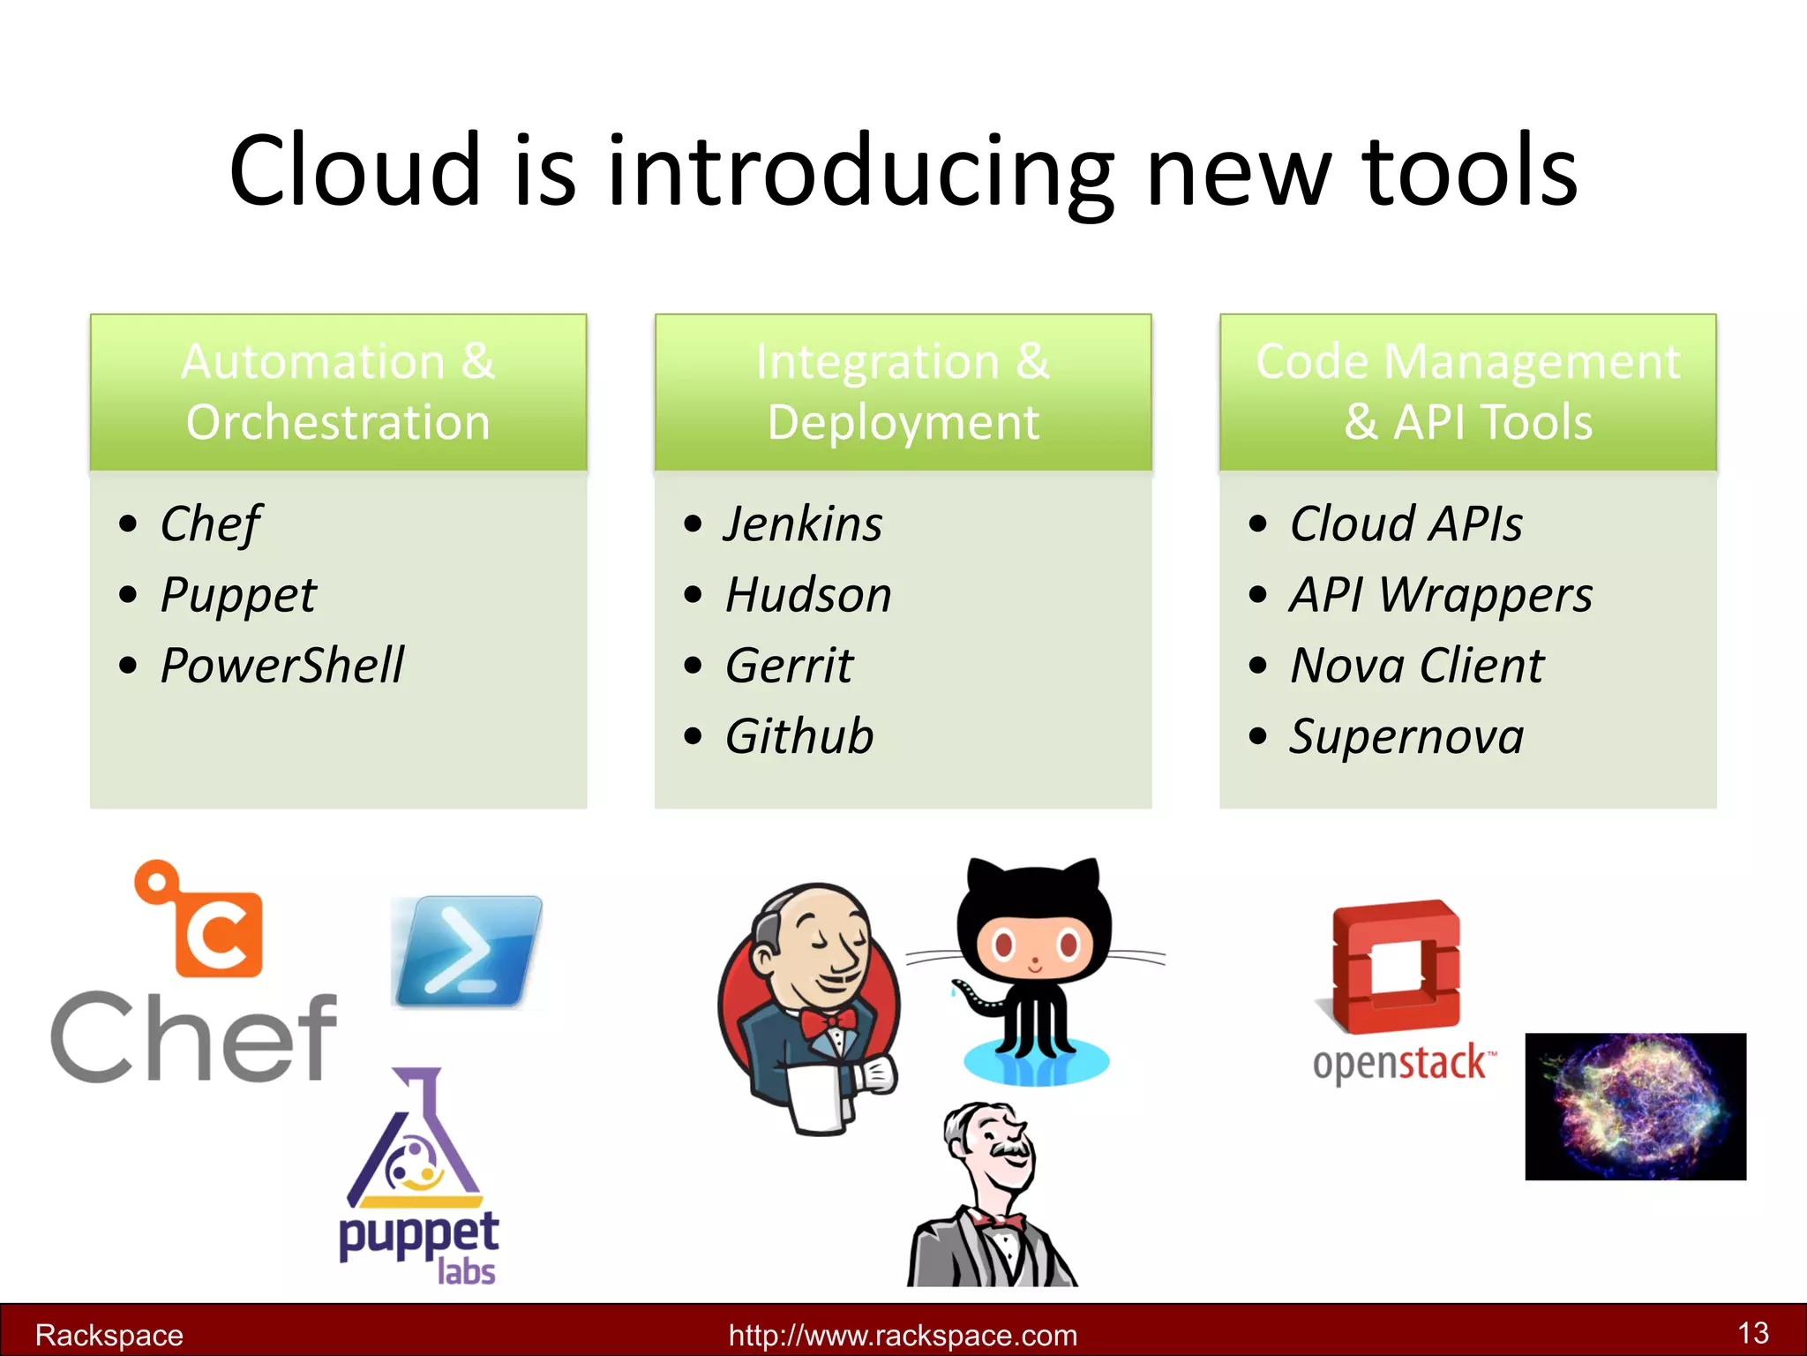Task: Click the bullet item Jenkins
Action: pyautogui.click(x=802, y=524)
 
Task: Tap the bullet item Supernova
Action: pyautogui.click(x=1406, y=736)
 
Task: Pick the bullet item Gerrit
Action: pyautogui.click(x=789, y=665)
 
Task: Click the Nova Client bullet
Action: pyautogui.click(x=1417, y=665)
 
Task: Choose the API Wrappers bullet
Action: pyautogui.click(x=1441, y=594)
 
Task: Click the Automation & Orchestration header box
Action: pyautogui.click(x=338, y=392)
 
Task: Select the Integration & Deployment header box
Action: pyautogui.click(x=903, y=392)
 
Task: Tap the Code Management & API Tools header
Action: pyautogui.click(x=1467, y=392)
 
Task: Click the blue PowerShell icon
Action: pyautogui.click(x=468, y=952)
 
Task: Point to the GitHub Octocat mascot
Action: pyautogui.click(x=1034, y=962)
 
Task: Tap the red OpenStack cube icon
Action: pyautogui.click(x=1396, y=967)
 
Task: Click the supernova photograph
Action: pyautogui.click(x=1635, y=1106)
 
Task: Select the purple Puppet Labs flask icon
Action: pyautogui.click(x=415, y=1143)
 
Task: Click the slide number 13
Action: pyautogui.click(x=1752, y=1332)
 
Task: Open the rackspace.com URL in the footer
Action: pyautogui.click(x=903, y=1335)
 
